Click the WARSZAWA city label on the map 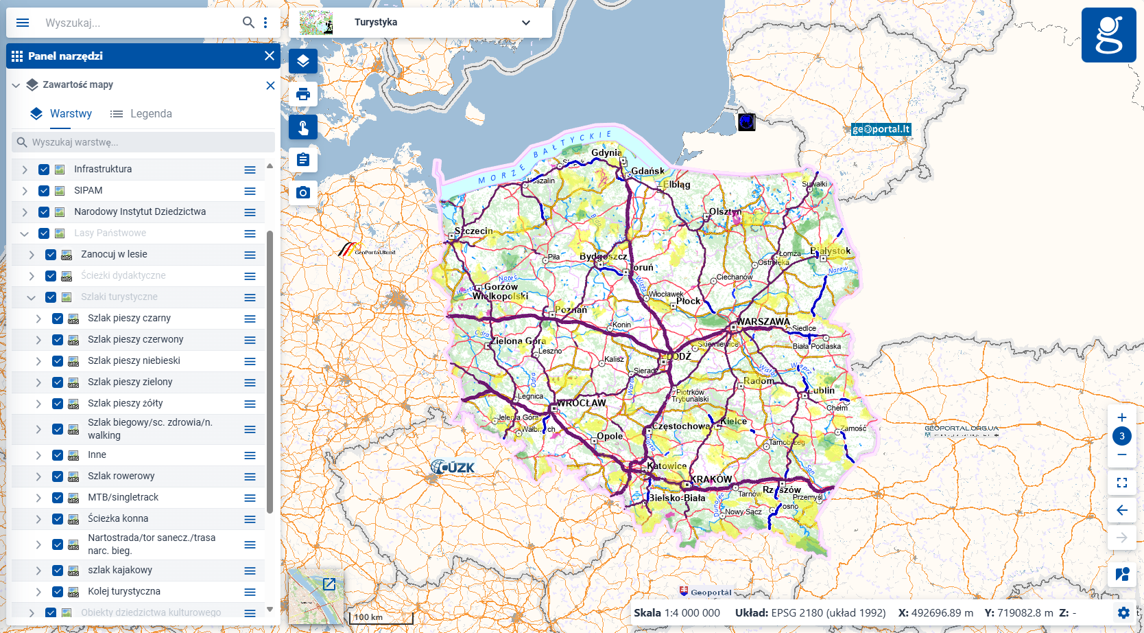point(763,321)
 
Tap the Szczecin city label point(473,231)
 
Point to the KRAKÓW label point(711,479)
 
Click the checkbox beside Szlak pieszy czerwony point(58,340)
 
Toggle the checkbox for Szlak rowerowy point(58,476)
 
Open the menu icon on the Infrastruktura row point(250,170)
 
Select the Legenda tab point(141,114)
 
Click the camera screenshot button point(303,193)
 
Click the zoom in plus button point(1122,417)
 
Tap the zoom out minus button point(1122,454)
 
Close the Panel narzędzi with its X point(270,56)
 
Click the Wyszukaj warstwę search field point(144,142)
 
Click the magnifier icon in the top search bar point(248,23)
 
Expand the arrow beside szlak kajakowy point(38,571)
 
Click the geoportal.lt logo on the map point(881,129)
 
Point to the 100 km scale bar point(380,617)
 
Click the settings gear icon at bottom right point(1123,612)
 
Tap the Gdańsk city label point(647,171)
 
